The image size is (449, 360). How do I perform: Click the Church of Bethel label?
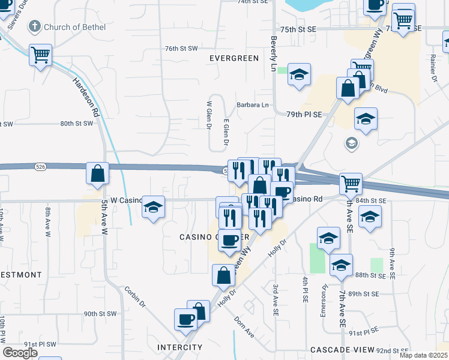click(75, 27)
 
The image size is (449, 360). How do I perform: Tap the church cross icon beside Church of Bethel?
click(34, 26)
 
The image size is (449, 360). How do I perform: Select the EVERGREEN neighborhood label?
click(234, 58)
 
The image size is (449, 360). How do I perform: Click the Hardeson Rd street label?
click(86, 96)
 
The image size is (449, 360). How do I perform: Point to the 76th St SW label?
click(181, 48)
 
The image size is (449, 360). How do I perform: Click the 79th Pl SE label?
click(304, 114)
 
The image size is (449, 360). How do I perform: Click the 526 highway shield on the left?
click(40, 166)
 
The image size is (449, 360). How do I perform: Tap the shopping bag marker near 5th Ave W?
click(98, 174)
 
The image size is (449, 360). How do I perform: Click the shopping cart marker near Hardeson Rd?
click(40, 55)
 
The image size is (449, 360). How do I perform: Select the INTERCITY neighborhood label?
click(178, 347)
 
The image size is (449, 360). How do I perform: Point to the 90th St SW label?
click(100, 314)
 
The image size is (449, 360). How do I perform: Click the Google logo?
click(20, 353)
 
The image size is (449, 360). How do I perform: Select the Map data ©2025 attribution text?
click(423, 355)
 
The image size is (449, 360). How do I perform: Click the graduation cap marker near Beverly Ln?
click(299, 75)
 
